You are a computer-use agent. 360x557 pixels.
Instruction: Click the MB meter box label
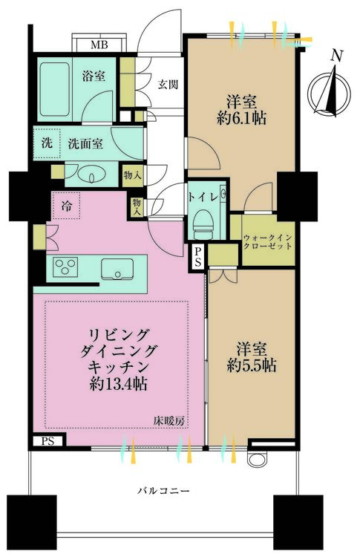[x=99, y=45]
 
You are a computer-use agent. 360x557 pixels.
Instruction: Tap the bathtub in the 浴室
[x=54, y=90]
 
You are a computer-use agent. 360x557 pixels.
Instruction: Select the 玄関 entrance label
[x=168, y=85]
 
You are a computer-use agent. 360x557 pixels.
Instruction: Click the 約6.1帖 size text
[x=242, y=118]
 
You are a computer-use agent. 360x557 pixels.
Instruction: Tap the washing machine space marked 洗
[x=47, y=143]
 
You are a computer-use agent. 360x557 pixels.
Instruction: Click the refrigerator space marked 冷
[x=66, y=205]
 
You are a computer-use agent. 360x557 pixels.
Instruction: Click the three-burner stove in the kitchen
[x=65, y=267]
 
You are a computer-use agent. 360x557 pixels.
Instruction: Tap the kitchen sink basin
[x=117, y=269]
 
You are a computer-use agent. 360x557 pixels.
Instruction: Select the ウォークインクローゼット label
[x=268, y=242]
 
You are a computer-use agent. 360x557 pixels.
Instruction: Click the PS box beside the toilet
[x=197, y=257]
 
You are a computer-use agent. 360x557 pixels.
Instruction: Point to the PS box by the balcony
[x=48, y=441]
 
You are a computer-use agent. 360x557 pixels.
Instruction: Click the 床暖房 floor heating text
[x=169, y=421]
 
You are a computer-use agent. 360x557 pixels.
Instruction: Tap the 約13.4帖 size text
[x=119, y=383]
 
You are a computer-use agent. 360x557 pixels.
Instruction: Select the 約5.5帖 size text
[x=252, y=365]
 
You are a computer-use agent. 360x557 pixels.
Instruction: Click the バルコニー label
[x=163, y=491]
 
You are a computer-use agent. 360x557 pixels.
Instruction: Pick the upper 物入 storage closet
[x=133, y=175]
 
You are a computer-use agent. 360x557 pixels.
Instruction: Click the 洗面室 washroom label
[x=85, y=143]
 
